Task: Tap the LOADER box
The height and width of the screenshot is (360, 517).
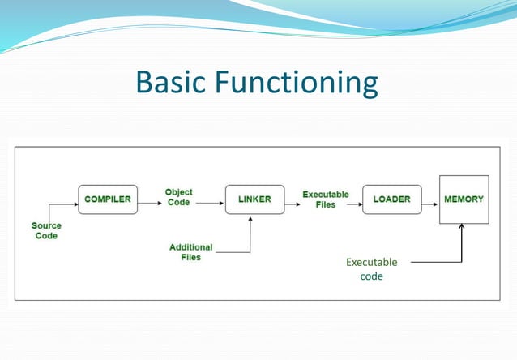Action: click(x=392, y=199)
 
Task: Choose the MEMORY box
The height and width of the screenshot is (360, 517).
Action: click(x=464, y=199)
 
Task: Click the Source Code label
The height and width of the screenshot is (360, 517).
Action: click(x=46, y=230)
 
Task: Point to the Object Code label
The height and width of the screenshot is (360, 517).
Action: click(x=179, y=197)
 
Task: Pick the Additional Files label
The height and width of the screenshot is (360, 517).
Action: click(x=191, y=251)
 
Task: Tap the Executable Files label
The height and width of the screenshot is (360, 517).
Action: click(x=326, y=199)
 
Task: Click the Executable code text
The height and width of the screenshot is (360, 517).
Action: click(x=371, y=269)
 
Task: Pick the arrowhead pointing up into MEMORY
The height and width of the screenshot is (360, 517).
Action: click(x=462, y=228)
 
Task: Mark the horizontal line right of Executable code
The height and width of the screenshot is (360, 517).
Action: click(x=435, y=262)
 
